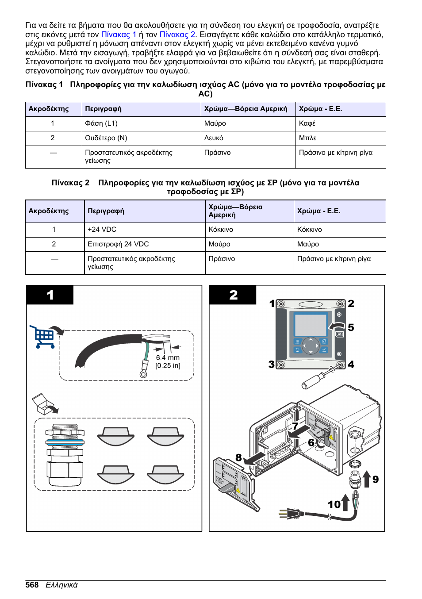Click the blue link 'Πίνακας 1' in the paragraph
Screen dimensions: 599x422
click(x=119, y=35)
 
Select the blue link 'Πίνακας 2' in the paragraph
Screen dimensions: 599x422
click(x=177, y=35)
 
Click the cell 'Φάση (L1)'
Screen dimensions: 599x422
click(x=101, y=123)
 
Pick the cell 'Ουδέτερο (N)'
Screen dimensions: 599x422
click(x=106, y=138)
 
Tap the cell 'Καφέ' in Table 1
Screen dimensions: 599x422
click(x=307, y=123)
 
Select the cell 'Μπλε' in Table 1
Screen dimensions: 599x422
click(x=307, y=138)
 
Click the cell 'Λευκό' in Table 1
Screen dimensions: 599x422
click(x=214, y=138)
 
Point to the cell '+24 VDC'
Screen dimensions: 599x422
click(x=102, y=230)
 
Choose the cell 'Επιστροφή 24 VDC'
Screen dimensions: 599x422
click(x=118, y=244)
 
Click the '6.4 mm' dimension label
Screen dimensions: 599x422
click(x=168, y=358)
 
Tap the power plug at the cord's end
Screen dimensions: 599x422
click(x=289, y=514)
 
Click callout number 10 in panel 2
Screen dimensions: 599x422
click(x=334, y=504)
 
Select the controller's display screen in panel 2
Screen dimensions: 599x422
click(x=310, y=325)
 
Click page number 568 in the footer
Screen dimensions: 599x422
click(x=32, y=585)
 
